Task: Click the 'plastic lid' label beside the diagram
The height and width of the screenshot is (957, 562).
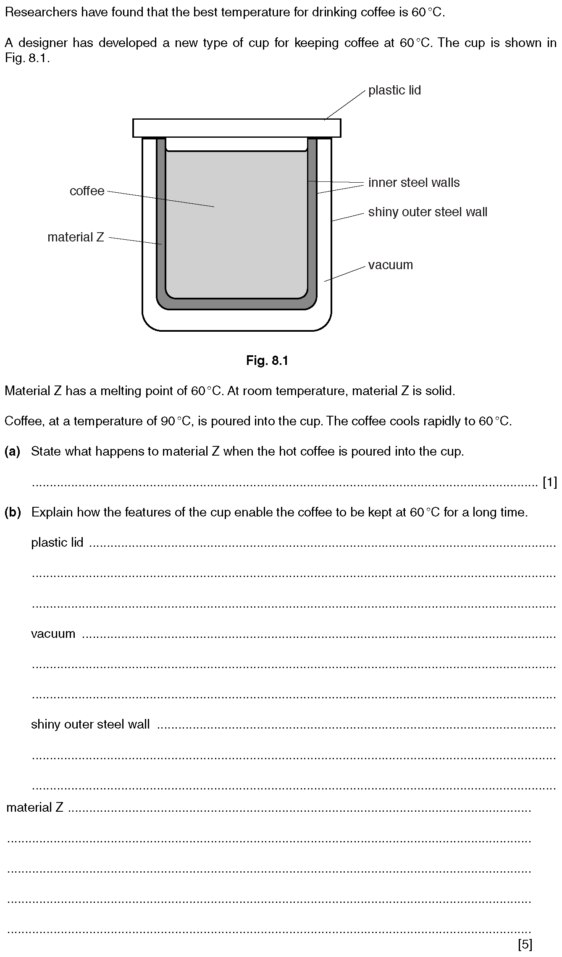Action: click(x=394, y=90)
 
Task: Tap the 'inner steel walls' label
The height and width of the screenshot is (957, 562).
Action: click(x=414, y=183)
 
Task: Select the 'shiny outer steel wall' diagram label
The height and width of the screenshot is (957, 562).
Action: click(x=428, y=212)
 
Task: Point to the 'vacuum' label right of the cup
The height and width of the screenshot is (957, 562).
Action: click(x=390, y=265)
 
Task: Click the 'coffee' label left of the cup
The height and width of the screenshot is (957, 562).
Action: click(x=87, y=191)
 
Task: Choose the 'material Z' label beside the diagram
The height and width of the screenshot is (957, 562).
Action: click(x=76, y=237)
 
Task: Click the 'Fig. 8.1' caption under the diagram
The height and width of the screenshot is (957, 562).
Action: click(x=267, y=360)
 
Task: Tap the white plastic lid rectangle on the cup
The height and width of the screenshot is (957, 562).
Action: click(x=236, y=128)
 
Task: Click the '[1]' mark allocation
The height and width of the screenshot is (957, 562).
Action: click(x=549, y=483)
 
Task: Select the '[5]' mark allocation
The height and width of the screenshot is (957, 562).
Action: click(x=525, y=944)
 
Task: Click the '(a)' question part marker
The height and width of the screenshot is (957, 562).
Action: click(x=12, y=451)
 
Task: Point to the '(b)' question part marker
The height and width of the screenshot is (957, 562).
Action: click(x=13, y=512)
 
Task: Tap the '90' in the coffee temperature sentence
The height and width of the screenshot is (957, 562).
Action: click(x=168, y=421)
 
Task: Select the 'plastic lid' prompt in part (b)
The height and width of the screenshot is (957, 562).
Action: click(x=57, y=543)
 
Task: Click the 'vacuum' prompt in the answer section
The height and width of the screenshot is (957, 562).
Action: click(x=53, y=634)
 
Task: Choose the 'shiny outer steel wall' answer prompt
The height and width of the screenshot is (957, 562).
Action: click(x=90, y=724)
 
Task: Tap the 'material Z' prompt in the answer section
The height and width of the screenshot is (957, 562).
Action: click(x=34, y=807)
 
